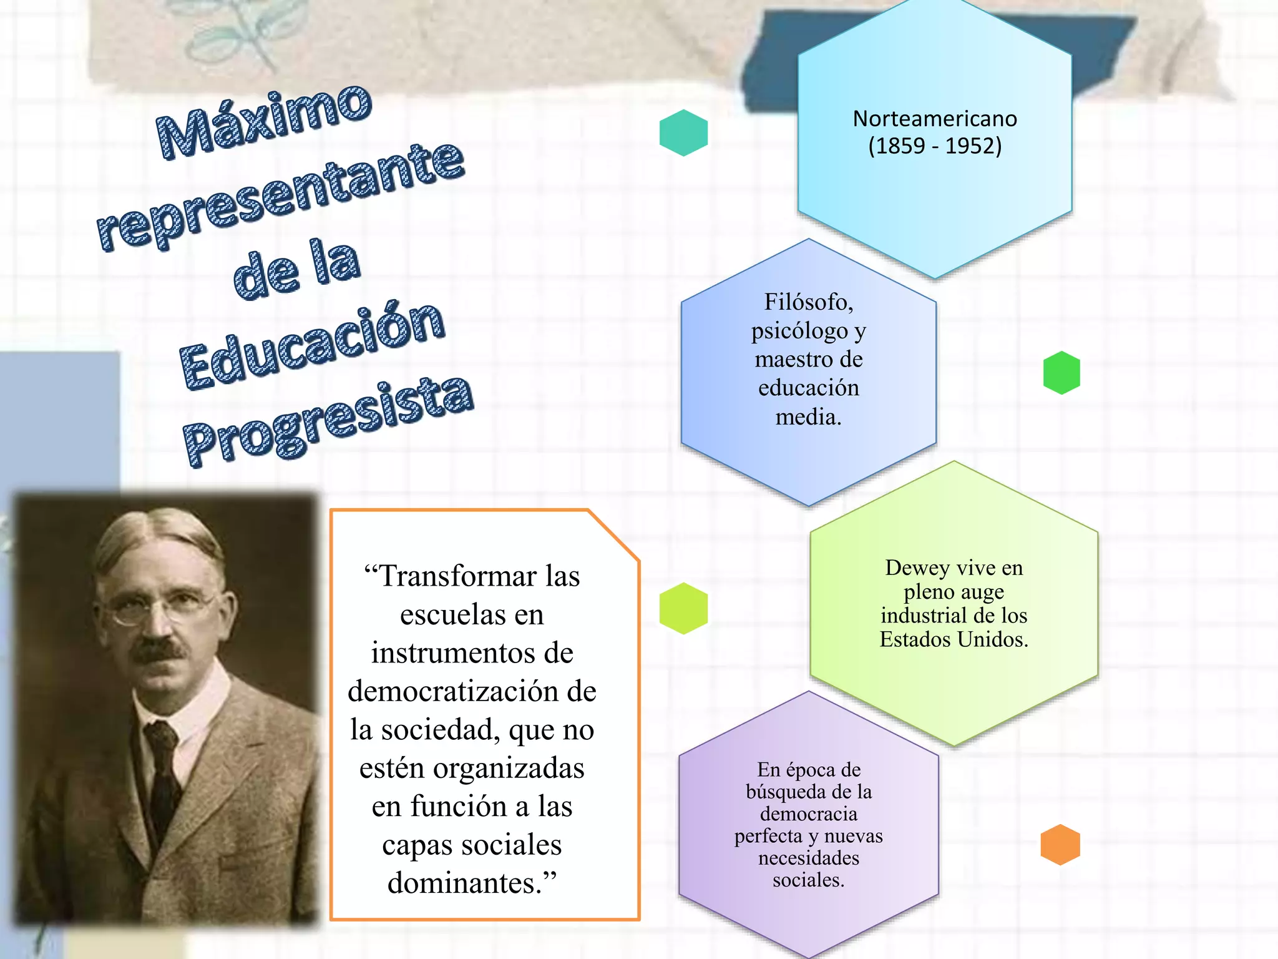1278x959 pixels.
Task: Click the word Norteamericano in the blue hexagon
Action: pos(934,119)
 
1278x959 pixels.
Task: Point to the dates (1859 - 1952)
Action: pos(934,146)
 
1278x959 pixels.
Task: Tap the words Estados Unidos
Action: pos(953,639)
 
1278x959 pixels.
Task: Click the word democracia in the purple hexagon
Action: pos(808,814)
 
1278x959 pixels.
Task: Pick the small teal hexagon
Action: pos(683,133)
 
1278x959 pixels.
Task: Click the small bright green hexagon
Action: pos(1061,373)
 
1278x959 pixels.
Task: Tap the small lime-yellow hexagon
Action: pos(683,608)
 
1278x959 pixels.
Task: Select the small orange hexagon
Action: pos(1060,845)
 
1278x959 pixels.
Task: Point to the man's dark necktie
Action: pos(163,780)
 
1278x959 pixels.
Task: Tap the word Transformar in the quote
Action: pos(457,576)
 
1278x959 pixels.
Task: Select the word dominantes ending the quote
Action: pos(464,883)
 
